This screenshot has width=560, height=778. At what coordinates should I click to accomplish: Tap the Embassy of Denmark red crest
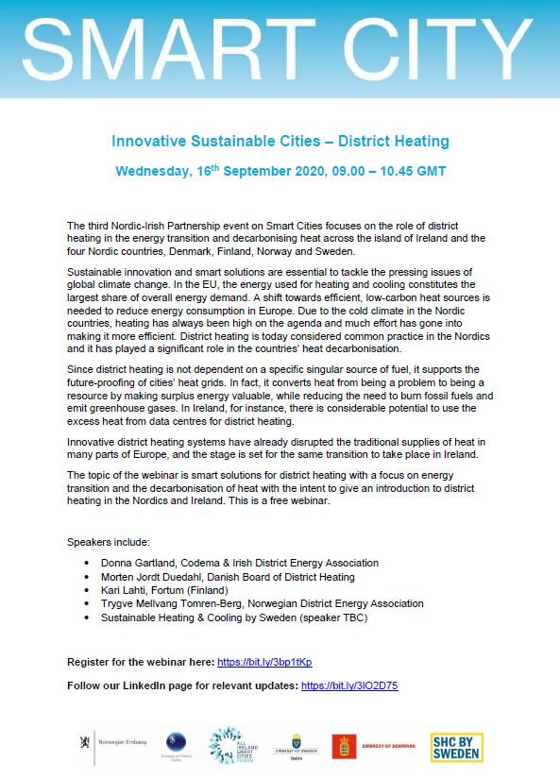(344, 746)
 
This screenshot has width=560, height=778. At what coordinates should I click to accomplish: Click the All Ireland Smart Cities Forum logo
(230, 745)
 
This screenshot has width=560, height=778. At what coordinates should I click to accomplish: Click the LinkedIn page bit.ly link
(348, 685)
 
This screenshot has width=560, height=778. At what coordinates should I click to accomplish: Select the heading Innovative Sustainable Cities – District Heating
(280, 142)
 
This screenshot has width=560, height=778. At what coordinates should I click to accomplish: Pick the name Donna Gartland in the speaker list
(140, 563)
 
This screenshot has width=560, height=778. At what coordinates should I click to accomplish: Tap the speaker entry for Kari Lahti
(127, 590)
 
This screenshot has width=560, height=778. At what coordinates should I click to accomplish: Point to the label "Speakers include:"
(109, 542)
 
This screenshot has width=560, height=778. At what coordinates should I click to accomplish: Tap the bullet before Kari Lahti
(89, 590)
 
